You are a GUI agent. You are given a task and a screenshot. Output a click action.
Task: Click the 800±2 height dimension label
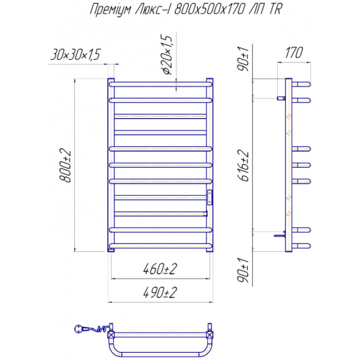pos(66,166)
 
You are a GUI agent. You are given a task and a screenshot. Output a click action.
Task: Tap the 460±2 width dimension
pos(160,269)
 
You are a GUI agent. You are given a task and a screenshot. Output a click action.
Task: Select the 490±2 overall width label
pos(160,292)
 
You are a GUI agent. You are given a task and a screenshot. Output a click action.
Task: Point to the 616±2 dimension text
pos(243,166)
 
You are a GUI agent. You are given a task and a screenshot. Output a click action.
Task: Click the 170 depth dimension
pos(294,53)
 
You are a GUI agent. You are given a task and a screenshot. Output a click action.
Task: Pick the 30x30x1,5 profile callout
pos(75,55)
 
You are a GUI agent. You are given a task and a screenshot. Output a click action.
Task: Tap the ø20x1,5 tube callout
pos(166,55)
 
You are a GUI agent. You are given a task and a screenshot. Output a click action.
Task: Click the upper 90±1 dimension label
pos(243,58)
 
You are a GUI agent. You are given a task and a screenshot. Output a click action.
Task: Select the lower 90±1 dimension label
pos(243,270)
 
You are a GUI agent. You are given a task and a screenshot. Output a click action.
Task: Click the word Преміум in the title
pos(111,10)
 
